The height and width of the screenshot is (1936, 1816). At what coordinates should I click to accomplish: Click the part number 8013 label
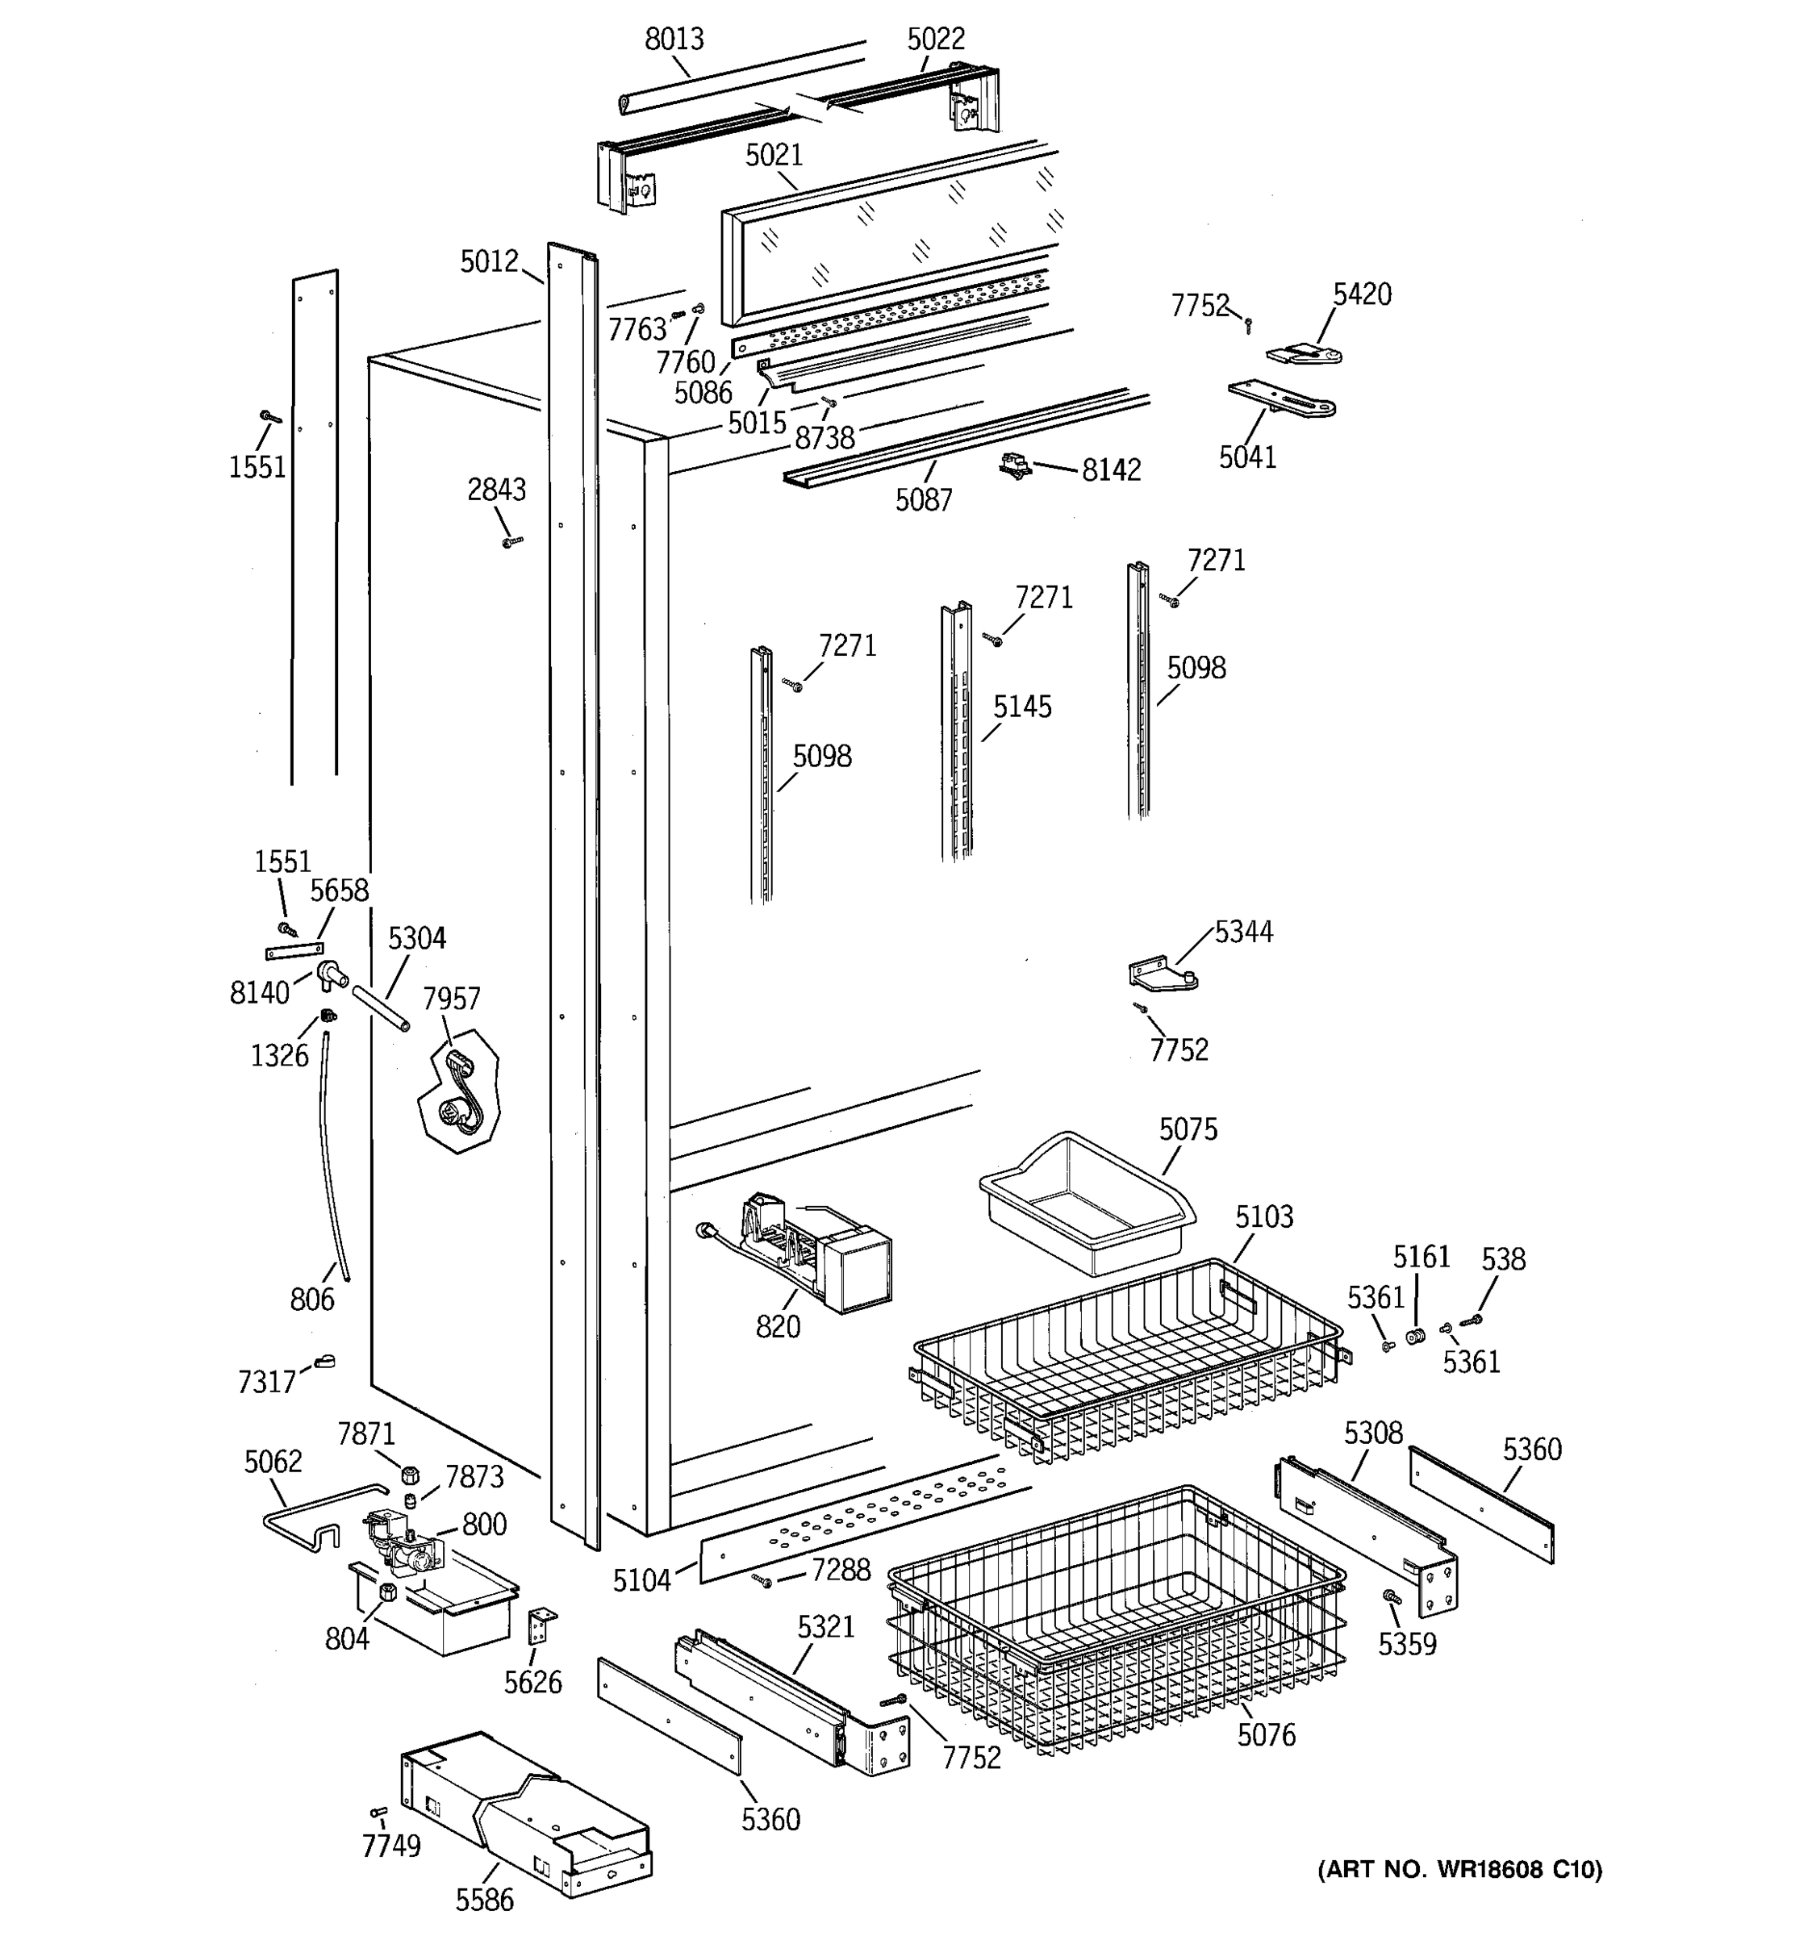(674, 39)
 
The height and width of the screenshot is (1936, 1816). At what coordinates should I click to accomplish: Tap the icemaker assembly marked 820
(808, 1250)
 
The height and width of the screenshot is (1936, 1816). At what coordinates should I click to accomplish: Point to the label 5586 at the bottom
(484, 1899)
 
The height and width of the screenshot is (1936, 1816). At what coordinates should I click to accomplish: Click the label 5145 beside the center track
(1022, 707)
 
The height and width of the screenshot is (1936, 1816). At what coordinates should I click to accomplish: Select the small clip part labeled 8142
(1016, 466)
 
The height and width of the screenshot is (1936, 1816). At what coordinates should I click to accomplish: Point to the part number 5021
(774, 155)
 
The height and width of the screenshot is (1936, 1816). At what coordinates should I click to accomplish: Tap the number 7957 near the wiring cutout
(451, 998)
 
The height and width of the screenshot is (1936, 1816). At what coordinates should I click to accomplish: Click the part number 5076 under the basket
(1266, 1734)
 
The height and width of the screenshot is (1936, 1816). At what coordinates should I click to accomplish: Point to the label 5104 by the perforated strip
(641, 1580)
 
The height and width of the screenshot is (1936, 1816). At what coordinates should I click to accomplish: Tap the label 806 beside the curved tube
(311, 1298)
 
